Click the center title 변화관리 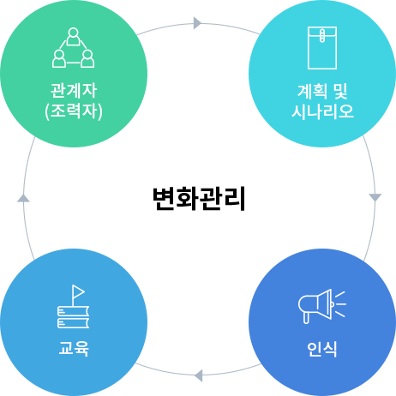click(199, 199)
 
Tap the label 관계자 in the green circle click(74, 90)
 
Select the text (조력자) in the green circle click(74, 111)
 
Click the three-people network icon click(74, 48)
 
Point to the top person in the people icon click(74, 37)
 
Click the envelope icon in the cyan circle click(322, 48)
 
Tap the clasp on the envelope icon click(322, 35)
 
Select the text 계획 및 click(322, 91)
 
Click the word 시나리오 click(322, 111)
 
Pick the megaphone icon click(321, 306)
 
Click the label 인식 click(322, 349)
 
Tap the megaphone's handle click(306, 317)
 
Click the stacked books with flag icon click(73, 306)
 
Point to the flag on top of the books click(78, 291)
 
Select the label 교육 click(74, 349)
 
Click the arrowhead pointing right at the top click(197, 23)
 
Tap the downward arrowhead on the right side click(375, 197)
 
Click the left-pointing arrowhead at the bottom click(199, 375)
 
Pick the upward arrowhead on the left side click(23, 198)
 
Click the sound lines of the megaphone click(340, 304)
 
